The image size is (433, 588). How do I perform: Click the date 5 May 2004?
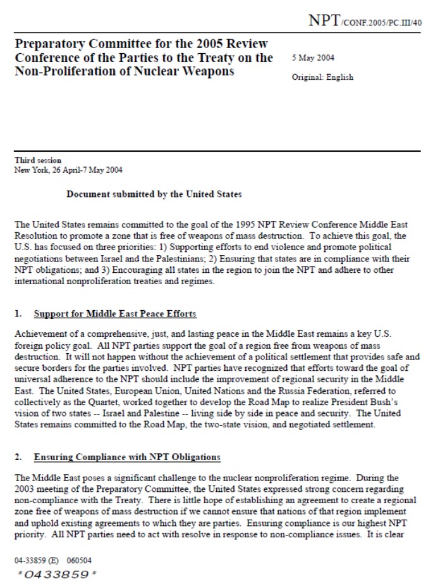[314, 58]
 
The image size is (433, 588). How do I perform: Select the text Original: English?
[322, 77]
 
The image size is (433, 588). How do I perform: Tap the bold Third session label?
[38, 161]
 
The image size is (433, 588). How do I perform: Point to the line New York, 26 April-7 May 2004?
[68, 170]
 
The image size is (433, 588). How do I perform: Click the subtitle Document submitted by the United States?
[154, 194]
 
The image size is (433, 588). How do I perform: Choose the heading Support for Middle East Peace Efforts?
[115, 314]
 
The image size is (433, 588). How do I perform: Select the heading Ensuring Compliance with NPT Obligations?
[127, 456]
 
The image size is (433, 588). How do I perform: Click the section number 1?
[18, 314]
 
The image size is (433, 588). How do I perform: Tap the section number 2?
[18, 456]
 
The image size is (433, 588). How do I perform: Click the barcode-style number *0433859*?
[57, 574]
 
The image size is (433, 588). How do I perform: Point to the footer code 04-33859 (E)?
[37, 561]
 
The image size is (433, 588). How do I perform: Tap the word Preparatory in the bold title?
[48, 44]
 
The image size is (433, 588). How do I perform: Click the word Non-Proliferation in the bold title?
[57, 72]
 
